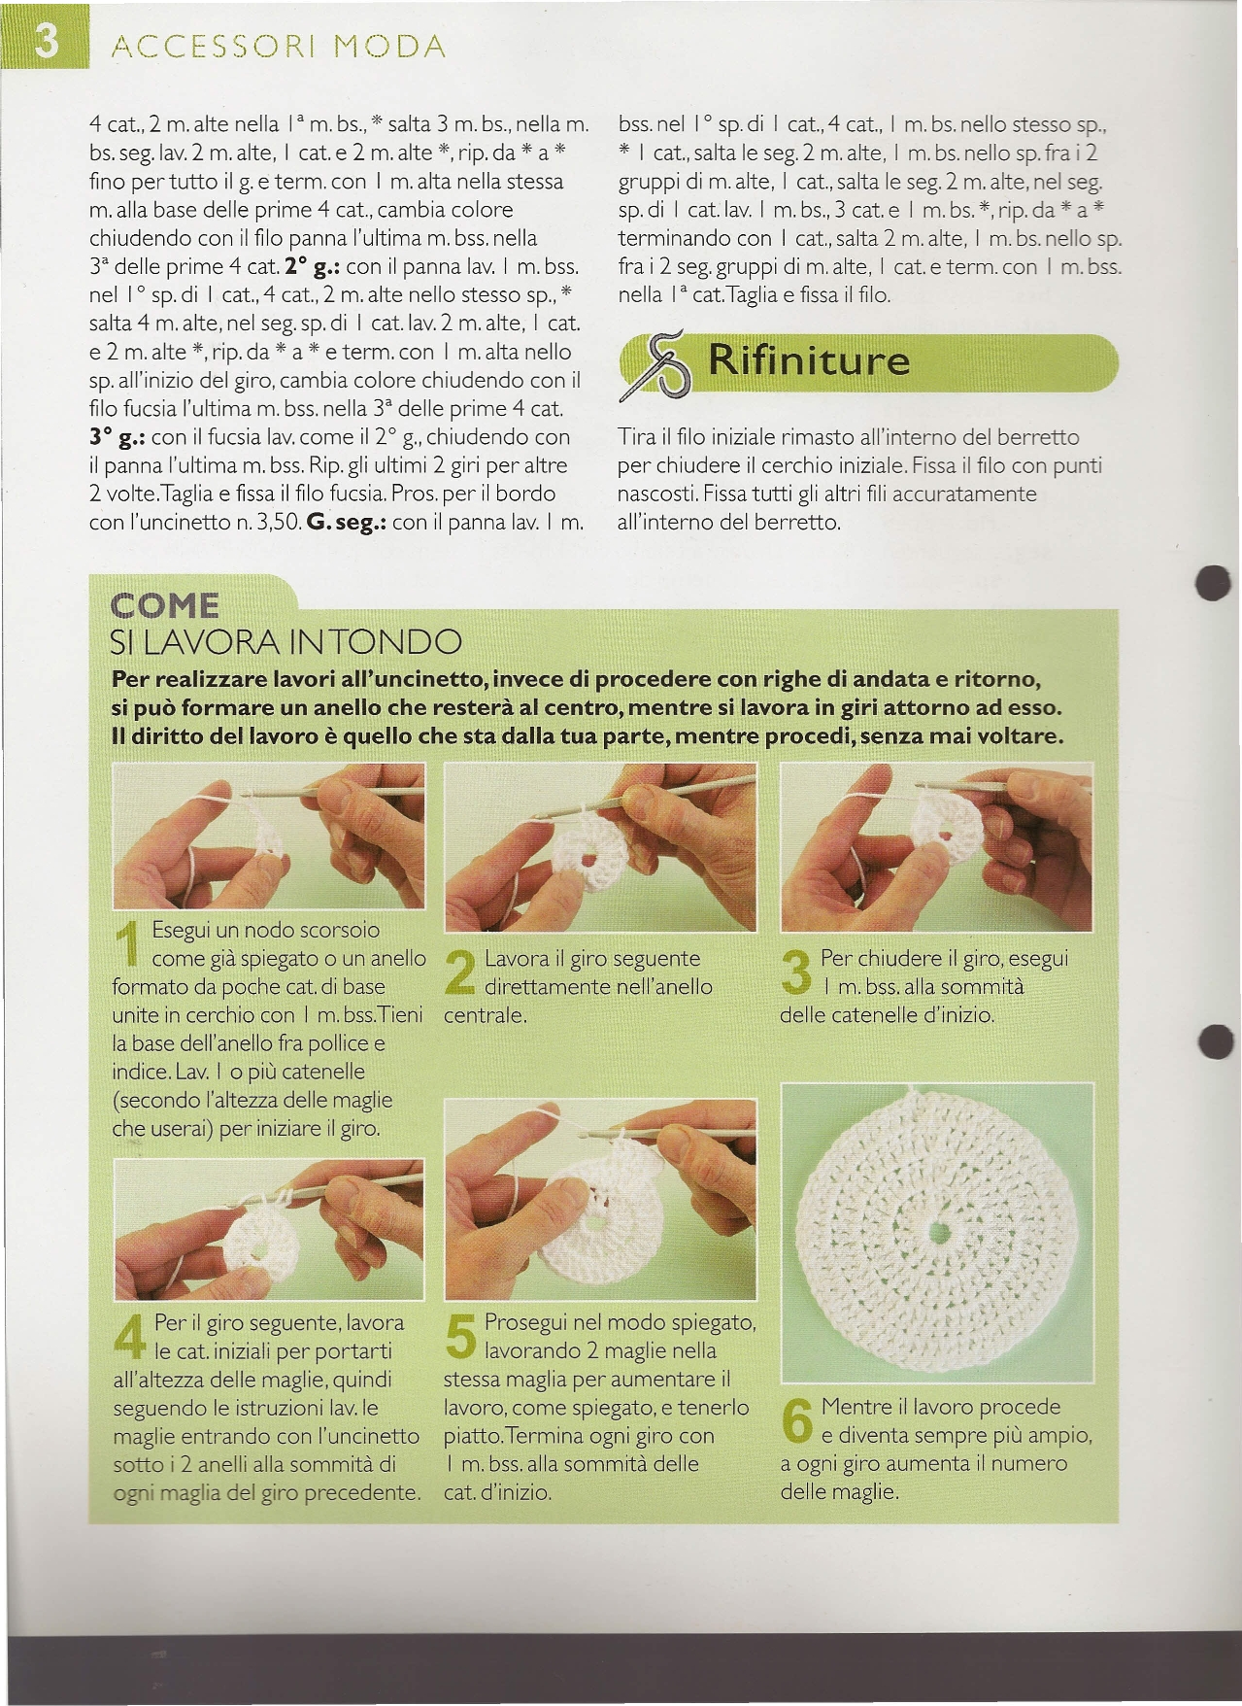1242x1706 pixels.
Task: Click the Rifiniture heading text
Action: click(809, 361)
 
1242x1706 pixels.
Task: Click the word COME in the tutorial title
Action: click(165, 606)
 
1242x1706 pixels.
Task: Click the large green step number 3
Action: click(796, 971)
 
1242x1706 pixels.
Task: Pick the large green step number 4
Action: click(130, 1335)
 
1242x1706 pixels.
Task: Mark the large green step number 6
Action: click(797, 1419)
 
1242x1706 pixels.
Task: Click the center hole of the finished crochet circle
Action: click(938, 1232)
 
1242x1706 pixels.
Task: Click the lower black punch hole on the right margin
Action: click(1216, 1041)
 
